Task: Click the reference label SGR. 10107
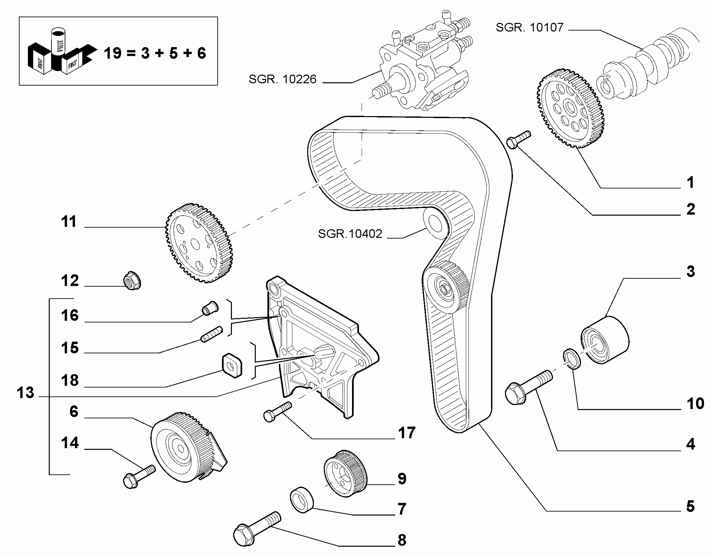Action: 530,27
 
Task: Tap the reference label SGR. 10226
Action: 283,79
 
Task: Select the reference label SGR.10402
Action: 350,234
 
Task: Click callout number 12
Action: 70,280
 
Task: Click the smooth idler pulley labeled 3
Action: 605,340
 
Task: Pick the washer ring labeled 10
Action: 572,359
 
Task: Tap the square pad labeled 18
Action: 232,365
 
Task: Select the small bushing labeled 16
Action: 210,308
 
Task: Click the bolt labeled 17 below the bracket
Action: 277,412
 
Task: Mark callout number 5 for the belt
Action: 690,506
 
